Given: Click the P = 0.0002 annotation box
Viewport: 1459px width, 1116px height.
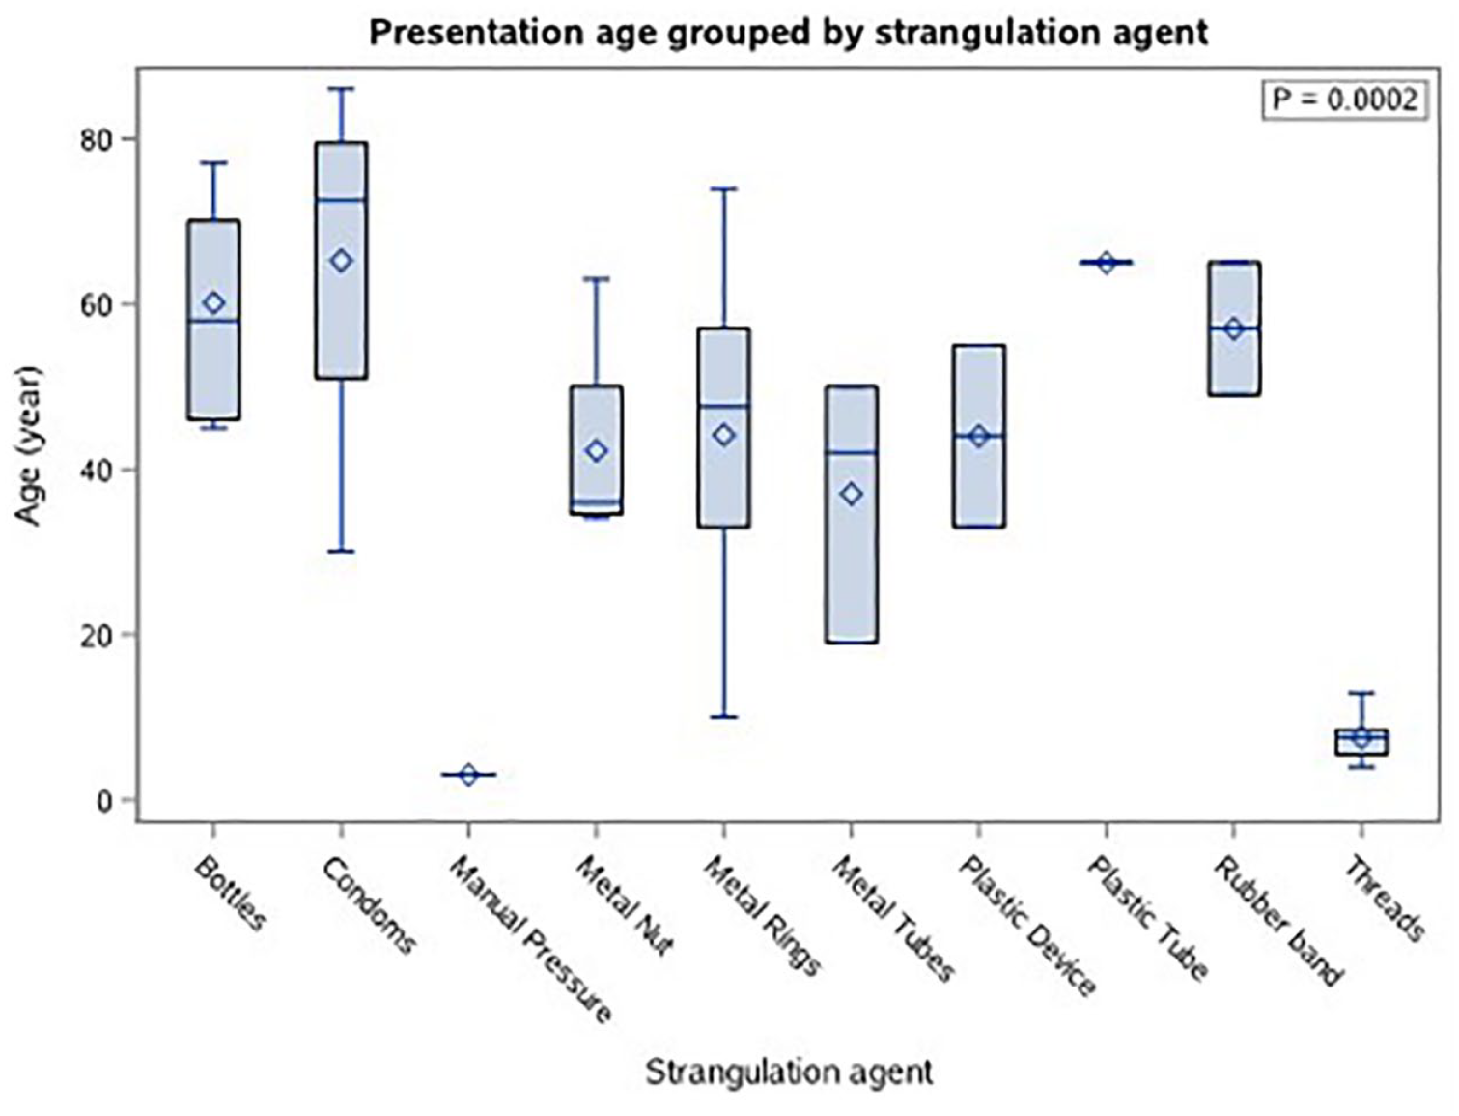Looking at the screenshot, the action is pyautogui.click(x=1345, y=101).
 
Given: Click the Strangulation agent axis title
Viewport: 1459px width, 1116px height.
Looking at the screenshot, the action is pyautogui.click(x=789, y=1072).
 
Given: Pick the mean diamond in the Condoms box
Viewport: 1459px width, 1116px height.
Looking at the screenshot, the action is pyautogui.click(x=341, y=262).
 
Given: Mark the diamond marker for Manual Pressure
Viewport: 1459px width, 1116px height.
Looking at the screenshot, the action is pyautogui.click(x=468, y=775).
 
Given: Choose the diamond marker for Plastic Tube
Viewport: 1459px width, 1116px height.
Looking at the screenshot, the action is pyautogui.click(x=1106, y=263).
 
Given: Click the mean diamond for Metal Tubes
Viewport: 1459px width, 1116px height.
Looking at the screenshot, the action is pyautogui.click(x=852, y=494).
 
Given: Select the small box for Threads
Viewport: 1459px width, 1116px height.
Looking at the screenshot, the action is pyautogui.click(x=1361, y=741).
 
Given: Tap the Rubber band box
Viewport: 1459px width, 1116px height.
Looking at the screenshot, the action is pyautogui.click(x=1234, y=329).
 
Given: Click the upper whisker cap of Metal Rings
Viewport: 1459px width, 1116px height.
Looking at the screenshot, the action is pyautogui.click(x=724, y=188).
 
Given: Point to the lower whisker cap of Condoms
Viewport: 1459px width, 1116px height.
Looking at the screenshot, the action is pyautogui.click(x=341, y=552).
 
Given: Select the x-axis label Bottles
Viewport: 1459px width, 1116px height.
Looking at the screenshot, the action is pyautogui.click(x=230, y=893).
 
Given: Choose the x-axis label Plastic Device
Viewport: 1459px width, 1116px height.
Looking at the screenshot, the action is pyautogui.click(x=1026, y=927).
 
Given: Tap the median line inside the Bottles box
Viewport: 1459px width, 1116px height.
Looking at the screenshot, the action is pyautogui.click(x=213, y=321).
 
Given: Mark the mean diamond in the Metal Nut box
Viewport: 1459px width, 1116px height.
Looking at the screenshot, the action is pyautogui.click(x=596, y=451).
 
